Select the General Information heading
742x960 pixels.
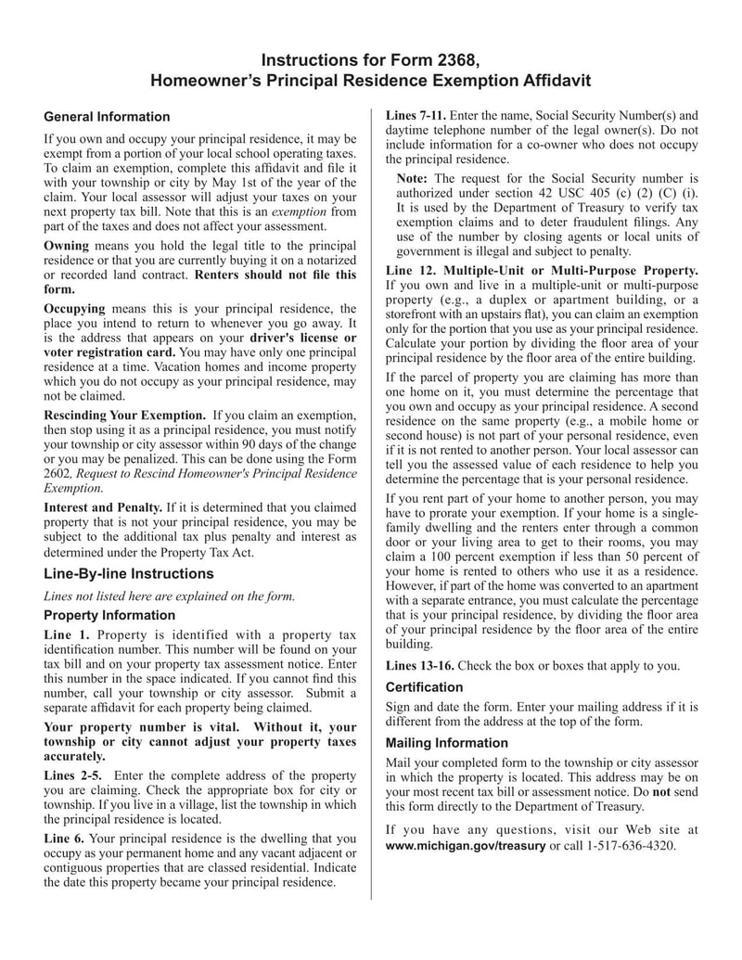coord(107,117)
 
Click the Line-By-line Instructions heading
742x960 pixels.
coord(128,573)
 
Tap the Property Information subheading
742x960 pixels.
coord(109,615)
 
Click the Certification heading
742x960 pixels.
coord(424,687)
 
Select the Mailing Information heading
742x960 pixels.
coord(446,743)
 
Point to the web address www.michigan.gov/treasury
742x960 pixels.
coord(465,846)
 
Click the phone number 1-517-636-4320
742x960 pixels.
coord(631,846)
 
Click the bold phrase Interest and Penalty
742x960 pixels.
coord(103,507)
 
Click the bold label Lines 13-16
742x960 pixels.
coord(418,665)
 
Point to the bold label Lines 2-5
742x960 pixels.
coord(73,774)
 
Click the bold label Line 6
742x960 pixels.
coord(65,838)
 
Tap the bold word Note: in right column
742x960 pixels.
coord(412,178)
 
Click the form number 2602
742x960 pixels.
coord(58,473)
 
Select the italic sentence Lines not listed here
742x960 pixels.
coord(169,595)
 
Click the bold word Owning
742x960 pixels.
coord(67,246)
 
